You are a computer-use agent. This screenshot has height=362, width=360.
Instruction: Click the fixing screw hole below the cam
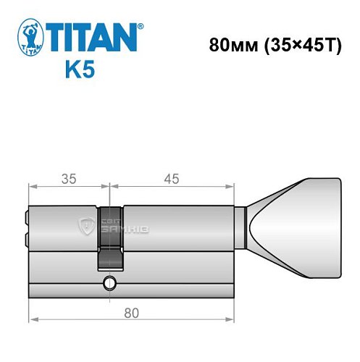pyautogui.click(x=109, y=282)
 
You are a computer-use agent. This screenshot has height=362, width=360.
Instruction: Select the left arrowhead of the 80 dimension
pyautogui.click(x=33, y=320)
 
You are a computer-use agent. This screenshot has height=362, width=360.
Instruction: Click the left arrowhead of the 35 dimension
pyautogui.click(x=33, y=187)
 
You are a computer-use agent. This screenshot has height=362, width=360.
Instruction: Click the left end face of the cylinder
pyautogui.click(x=29, y=250)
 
